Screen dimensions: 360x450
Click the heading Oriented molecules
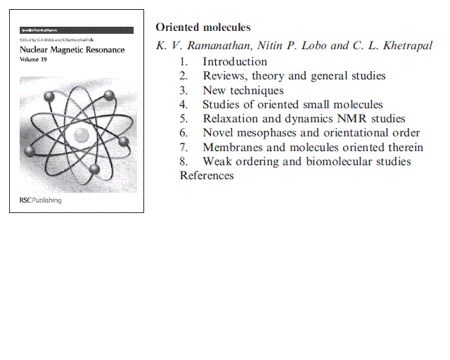(x=202, y=27)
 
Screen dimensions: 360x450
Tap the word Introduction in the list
(x=235, y=61)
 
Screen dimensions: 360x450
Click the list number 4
(x=184, y=105)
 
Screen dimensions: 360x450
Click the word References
(x=207, y=176)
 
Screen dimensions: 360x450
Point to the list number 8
(x=184, y=162)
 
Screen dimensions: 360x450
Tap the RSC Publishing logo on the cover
(x=40, y=200)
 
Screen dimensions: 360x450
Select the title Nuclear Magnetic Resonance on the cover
(x=72, y=51)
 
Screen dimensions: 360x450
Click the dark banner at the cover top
(x=76, y=30)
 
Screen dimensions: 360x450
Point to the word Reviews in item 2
(x=224, y=76)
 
